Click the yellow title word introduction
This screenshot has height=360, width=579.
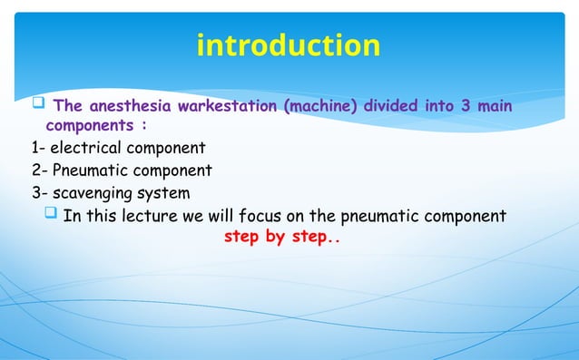289,44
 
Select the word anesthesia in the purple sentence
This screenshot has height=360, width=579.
131,107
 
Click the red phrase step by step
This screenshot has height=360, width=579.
280,238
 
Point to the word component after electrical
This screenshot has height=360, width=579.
166,147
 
